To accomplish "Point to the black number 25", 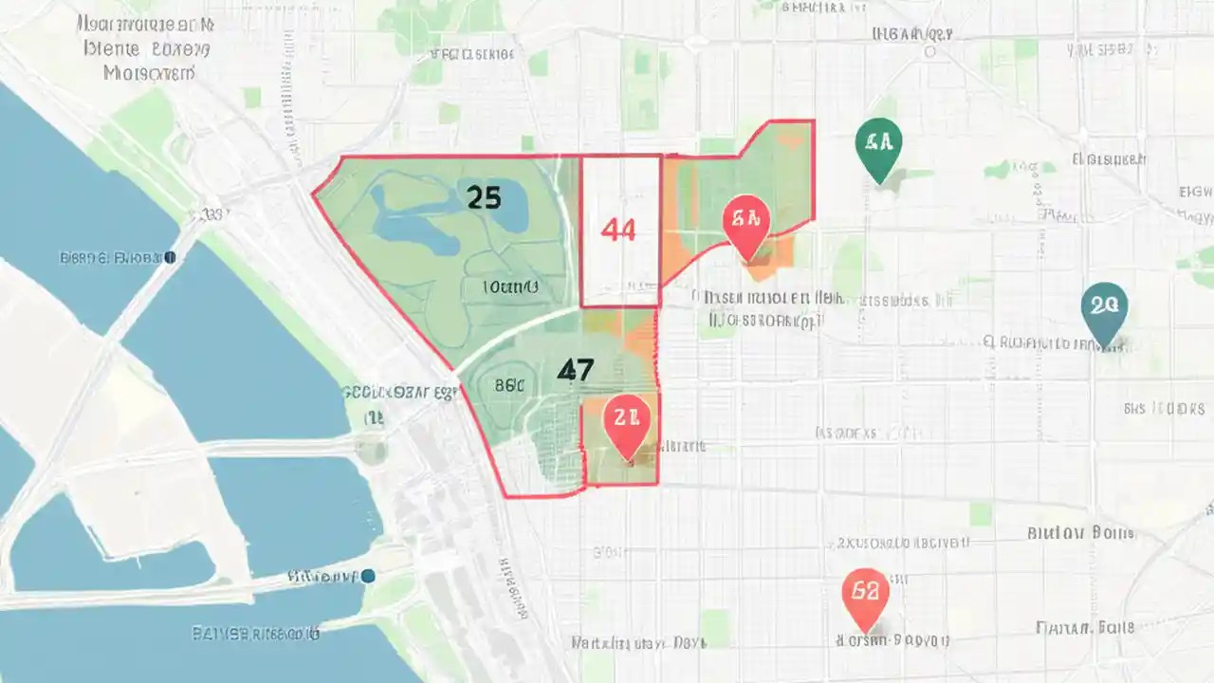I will (x=484, y=197).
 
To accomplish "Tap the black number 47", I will (x=576, y=370).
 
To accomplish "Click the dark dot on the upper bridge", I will (x=170, y=257).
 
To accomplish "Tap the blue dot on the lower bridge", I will (x=368, y=575).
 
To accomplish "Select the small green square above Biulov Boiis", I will (x=981, y=513).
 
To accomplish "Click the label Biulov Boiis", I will (x=1080, y=533).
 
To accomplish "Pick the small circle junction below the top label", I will (x=929, y=52).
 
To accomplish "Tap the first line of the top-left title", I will (x=145, y=22).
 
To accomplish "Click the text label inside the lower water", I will (x=256, y=633).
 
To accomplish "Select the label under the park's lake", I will (x=510, y=286).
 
